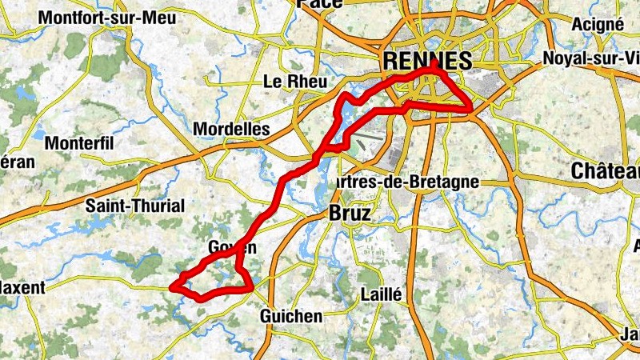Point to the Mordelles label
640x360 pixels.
click(232, 130)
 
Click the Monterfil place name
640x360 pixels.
click(81, 143)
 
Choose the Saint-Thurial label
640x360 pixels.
click(134, 206)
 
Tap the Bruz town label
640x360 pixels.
click(350, 214)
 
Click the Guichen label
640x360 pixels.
click(291, 317)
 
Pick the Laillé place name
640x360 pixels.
click(381, 294)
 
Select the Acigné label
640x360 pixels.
click(598, 24)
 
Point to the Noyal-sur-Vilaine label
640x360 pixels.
click(591, 58)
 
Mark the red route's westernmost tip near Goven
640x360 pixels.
click(174, 285)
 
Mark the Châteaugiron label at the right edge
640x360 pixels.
click(606, 171)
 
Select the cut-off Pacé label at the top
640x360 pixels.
click(319, 3)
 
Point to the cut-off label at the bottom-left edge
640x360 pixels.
click(22, 286)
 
